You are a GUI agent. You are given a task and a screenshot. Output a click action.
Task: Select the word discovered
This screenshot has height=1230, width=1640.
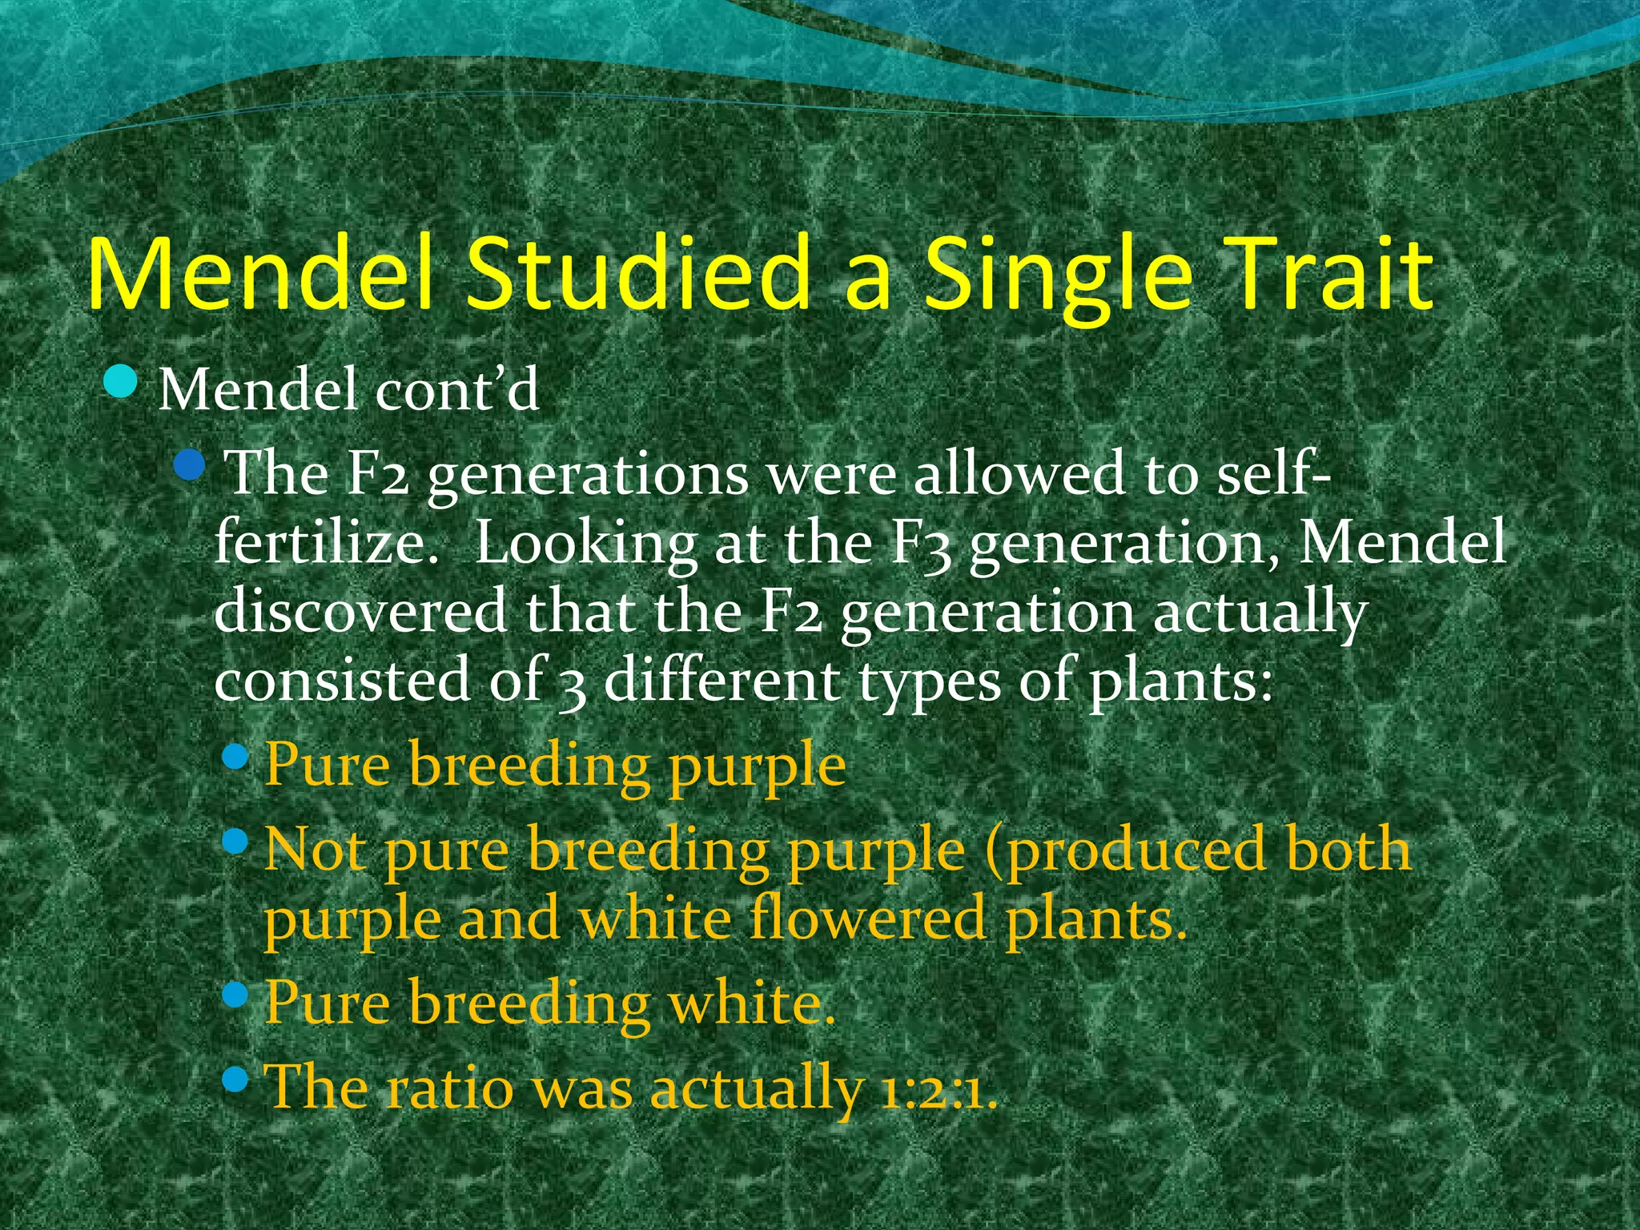[360, 612]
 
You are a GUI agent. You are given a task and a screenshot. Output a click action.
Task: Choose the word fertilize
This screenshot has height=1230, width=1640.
[326, 543]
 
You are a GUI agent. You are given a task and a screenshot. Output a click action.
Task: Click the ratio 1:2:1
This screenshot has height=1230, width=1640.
[938, 1089]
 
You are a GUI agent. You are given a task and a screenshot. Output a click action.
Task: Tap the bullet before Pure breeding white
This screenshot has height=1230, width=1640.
[235, 995]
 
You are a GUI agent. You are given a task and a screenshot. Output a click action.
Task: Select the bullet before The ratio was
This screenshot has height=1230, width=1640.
[235, 1080]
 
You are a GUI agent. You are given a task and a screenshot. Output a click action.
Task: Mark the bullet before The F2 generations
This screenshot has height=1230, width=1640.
[190, 464]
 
